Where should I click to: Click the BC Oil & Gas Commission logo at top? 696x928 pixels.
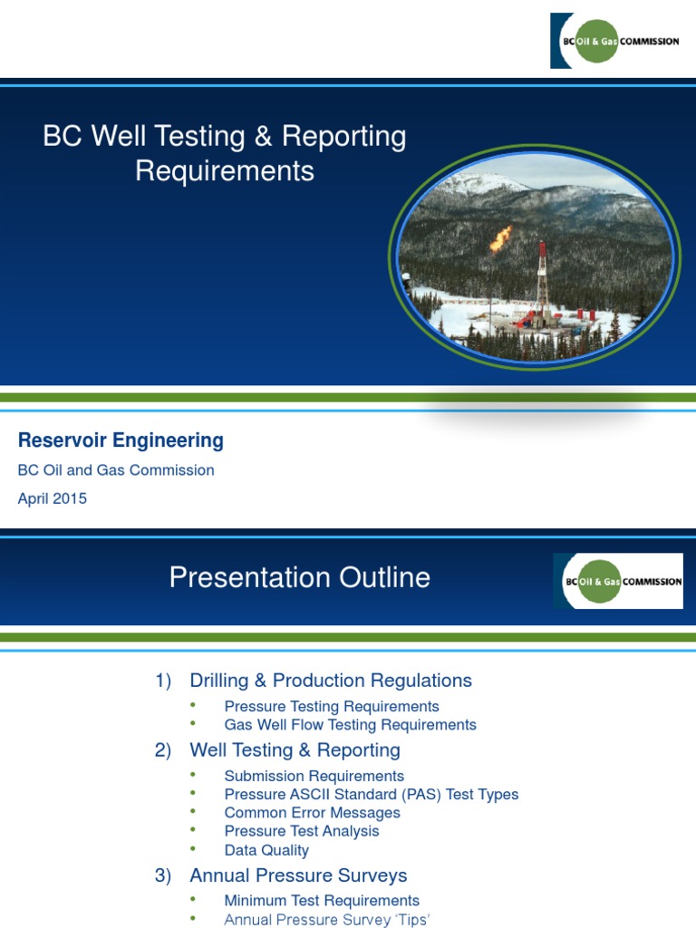[x=614, y=41]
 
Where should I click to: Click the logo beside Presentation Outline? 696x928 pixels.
[x=617, y=581]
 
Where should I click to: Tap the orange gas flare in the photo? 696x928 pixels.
[x=500, y=238]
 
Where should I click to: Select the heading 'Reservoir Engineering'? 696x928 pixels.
[x=121, y=441]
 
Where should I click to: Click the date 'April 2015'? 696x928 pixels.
[x=53, y=498]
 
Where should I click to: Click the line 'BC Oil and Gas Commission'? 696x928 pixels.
[x=116, y=470]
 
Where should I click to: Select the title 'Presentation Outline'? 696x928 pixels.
[x=299, y=578]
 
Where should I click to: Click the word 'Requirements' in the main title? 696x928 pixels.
[x=225, y=171]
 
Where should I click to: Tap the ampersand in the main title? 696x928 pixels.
[x=263, y=137]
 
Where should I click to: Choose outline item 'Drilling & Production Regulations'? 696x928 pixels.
[x=330, y=681]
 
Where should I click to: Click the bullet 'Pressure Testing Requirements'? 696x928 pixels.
[x=331, y=707]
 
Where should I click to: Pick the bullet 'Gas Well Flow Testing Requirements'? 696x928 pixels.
[x=350, y=725]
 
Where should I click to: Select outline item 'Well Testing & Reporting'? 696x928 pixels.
[x=295, y=750]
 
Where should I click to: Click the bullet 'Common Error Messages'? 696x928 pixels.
[x=312, y=813]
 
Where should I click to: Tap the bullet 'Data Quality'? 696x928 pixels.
[x=266, y=850]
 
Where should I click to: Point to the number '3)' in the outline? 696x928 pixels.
[x=163, y=876]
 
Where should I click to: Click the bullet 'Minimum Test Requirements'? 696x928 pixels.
[x=322, y=901]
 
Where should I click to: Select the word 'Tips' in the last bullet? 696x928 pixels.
[x=411, y=920]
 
